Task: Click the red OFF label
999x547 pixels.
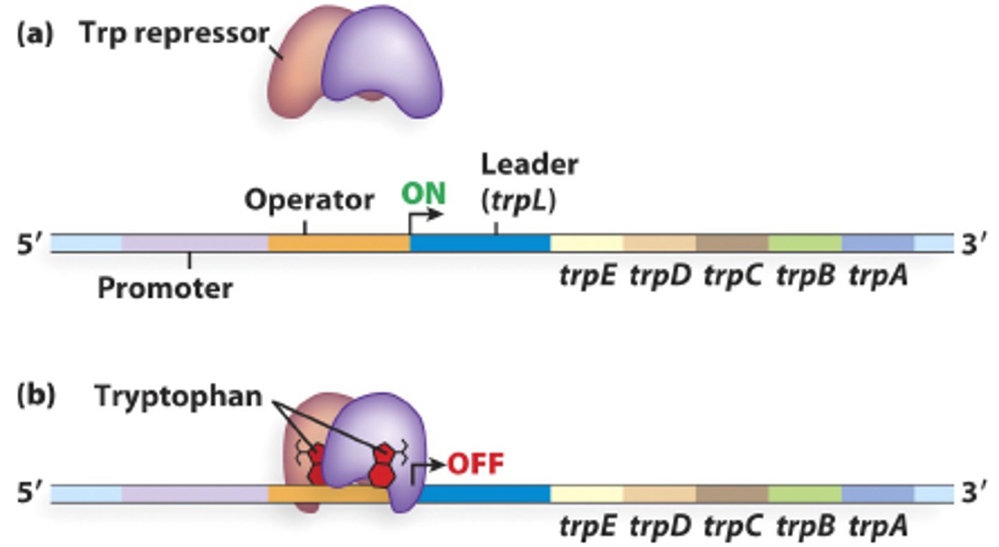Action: coord(476,464)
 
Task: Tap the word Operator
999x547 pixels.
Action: coord(309,201)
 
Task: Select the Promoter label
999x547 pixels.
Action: coord(165,288)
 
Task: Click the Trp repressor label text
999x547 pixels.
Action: coord(173,33)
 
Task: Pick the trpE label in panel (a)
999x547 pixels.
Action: coord(588,276)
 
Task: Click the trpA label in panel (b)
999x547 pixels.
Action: coord(878,527)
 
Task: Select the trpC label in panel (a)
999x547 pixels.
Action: coord(733,276)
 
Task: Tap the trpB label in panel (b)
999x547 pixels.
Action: coord(805,527)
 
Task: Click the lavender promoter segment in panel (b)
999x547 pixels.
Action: coord(194,494)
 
